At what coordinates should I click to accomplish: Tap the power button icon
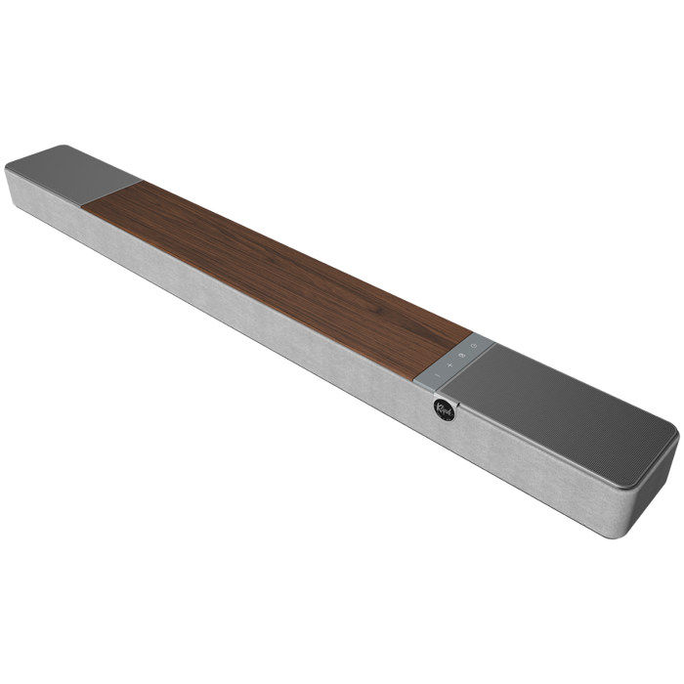[473, 347]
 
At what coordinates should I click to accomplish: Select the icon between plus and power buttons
[461, 355]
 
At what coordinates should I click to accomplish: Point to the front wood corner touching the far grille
[82, 205]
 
